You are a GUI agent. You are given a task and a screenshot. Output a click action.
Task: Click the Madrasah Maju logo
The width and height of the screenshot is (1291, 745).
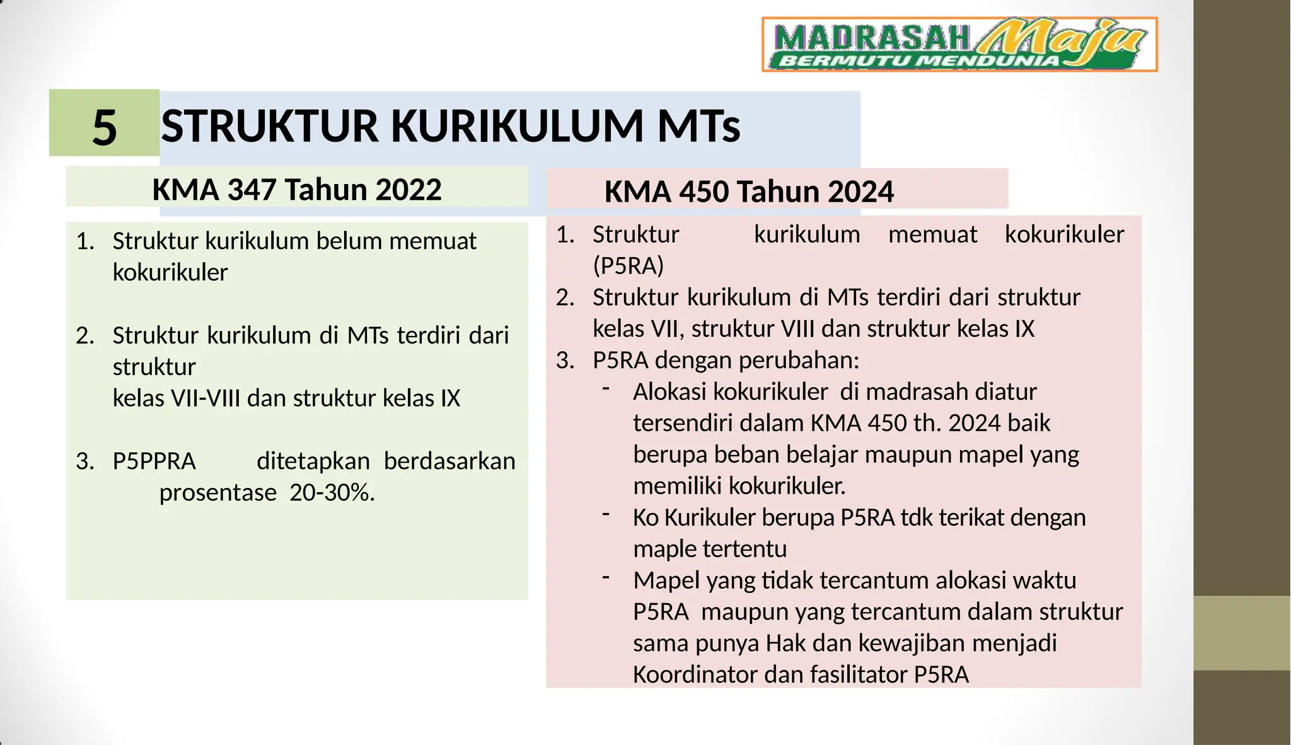click(x=959, y=44)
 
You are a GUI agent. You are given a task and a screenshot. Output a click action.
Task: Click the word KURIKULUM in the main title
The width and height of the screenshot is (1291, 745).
click(x=517, y=126)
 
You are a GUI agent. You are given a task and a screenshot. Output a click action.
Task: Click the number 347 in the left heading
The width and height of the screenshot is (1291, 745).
click(x=251, y=190)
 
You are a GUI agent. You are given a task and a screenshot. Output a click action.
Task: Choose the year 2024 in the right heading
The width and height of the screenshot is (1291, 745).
click(x=860, y=192)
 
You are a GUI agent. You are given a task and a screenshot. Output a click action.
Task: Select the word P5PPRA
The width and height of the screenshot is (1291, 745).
click(x=154, y=461)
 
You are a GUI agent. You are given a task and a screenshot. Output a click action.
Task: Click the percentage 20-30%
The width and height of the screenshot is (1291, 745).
click(x=332, y=492)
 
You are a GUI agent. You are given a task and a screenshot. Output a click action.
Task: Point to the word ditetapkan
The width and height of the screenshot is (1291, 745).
click(x=313, y=461)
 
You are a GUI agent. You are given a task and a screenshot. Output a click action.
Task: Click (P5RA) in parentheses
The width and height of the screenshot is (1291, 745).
click(x=628, y=266)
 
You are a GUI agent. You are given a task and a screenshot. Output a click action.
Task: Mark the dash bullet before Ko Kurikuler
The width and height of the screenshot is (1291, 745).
click(x=606, y=514)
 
